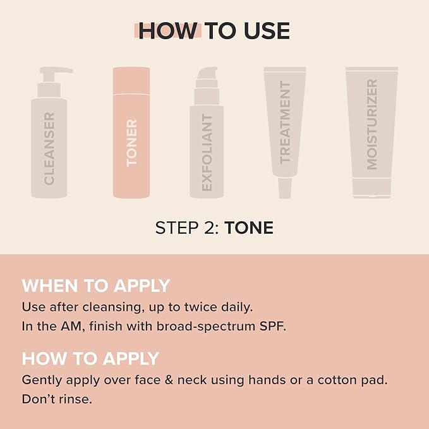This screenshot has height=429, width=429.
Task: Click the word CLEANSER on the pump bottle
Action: [x=49, y=148]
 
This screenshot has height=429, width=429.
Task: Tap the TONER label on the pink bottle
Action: [x=131, y=142]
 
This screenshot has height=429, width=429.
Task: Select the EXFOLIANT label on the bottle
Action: [x=207, y=152]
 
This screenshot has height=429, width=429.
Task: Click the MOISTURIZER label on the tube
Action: [x=372, y=124]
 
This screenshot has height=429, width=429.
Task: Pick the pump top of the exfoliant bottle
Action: [x=207, y=79]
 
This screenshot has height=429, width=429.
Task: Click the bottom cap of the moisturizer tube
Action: [x=372, y=189]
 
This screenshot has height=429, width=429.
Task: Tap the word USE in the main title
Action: [x=266, y=30]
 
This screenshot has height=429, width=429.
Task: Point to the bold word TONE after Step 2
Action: [x=249, y=228]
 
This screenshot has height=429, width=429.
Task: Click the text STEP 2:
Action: [x=188, y=228]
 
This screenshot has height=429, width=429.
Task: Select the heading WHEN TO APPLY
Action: [x=96, y=286]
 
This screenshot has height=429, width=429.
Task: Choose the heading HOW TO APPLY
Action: [x=90, y=358]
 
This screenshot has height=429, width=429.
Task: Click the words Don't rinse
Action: [x=57, y=400]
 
